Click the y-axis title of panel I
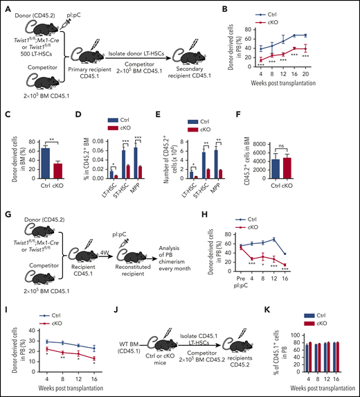(x=8, y=346)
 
